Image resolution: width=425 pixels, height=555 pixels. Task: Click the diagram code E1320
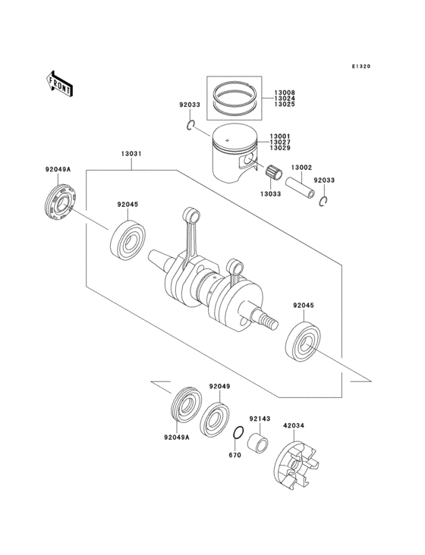[x=360, y=67]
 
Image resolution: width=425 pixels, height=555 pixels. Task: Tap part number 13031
[x=131, y=155]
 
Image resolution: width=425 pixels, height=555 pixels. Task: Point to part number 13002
[x=302, y=168]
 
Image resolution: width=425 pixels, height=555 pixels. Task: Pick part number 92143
[x=260, y=419]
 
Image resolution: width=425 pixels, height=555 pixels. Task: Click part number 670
[x=235, y=456]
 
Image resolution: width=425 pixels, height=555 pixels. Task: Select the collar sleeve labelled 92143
[x=260, y=439]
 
